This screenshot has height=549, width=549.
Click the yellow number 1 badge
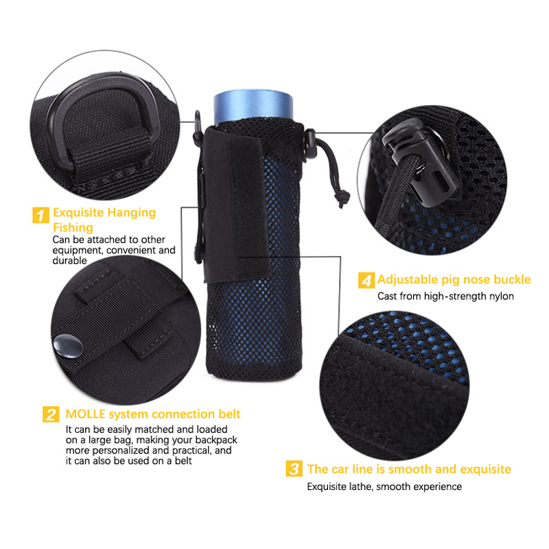click(x=40, y=215)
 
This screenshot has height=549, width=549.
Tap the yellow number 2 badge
click(x=51, y=414)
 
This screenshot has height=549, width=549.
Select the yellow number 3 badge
click(x=294, y=469)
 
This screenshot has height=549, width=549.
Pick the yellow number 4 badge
click(x=366, y=281)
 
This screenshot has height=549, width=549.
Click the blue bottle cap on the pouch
click(x=253, y=106)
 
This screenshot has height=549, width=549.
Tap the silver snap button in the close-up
click(x=68, y=346)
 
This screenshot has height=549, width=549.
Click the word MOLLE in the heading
click(x=85, y=414)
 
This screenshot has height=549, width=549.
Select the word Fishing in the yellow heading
click(x=73, y=228)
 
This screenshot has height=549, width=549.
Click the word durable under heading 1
click(x=69, y=261)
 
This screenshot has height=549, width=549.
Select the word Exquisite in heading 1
click(x=78, y=213)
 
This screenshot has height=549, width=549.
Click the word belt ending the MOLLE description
click(x=183, y=460)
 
